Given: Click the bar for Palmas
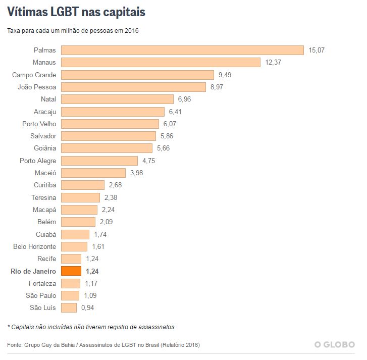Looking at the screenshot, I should tap(182, 50).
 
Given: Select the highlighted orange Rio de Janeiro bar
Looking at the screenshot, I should tap(71, 271).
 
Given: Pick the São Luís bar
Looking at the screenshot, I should tap(69, 307).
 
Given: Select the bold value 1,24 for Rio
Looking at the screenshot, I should tap(92, 271).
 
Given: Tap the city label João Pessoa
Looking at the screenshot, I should tap(37, 87).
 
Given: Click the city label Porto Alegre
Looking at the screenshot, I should tap(38, 161).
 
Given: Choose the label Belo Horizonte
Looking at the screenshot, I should tap(35, 246).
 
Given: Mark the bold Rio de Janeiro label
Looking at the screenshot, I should tap(33, 271).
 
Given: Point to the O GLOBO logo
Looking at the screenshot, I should tap(334, 345).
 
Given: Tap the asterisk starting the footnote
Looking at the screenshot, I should tap(9, 327).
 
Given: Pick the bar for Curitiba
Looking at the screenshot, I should tap(83, 185).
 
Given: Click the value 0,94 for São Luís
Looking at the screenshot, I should tap(88, 307).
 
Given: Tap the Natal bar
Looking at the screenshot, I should tap(117, 99).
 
